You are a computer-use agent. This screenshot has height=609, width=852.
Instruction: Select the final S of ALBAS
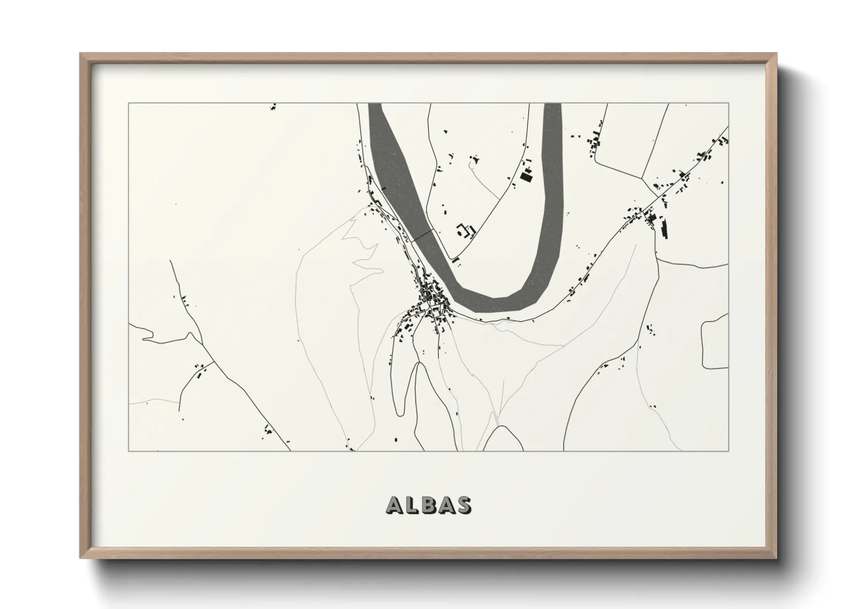(464, 505)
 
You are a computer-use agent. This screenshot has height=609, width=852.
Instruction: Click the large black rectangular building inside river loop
(525, 176)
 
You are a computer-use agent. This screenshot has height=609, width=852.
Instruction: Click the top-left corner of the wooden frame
(81, 54)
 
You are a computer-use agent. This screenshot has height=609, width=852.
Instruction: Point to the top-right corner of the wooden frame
(777, 54)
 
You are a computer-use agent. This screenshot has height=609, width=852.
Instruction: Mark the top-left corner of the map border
(129, 104)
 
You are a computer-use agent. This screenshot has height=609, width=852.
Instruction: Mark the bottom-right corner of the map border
(728, 451)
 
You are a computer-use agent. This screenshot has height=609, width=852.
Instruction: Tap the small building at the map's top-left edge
(273, 106)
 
